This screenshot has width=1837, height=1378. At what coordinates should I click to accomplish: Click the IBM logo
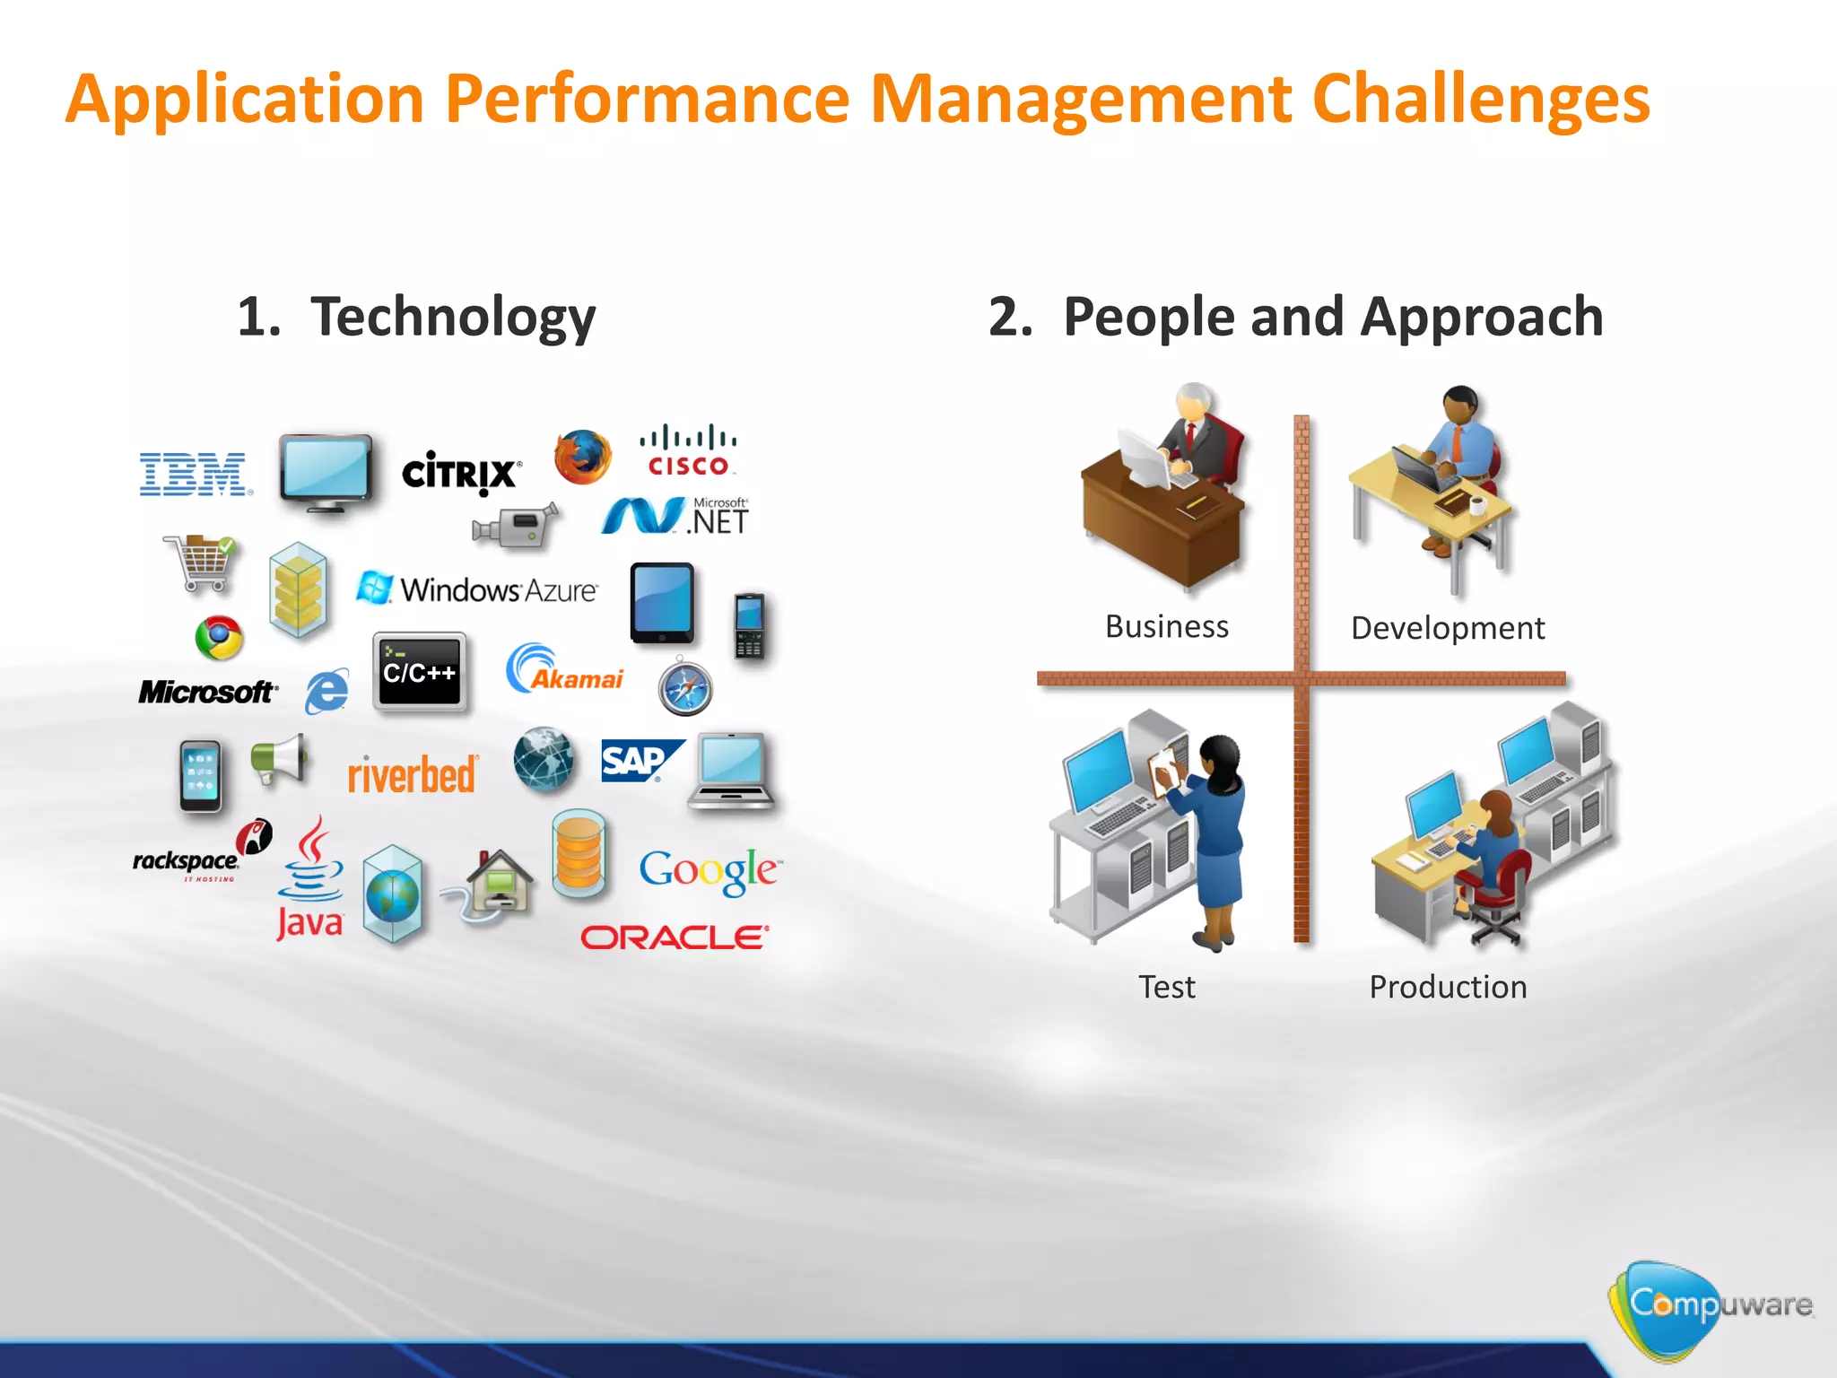point(194,474)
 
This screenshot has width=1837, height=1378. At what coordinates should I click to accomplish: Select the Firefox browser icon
point(582,456)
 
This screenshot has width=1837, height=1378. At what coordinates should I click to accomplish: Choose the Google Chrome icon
point(219,638)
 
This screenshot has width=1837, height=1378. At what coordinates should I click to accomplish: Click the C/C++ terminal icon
point(419,672)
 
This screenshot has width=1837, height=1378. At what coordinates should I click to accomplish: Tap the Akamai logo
point(564,671)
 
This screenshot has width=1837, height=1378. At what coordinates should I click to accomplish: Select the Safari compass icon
point(685,688)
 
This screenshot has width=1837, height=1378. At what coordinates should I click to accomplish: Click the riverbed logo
point(412,775)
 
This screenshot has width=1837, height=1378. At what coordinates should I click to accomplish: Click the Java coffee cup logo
point(310,878)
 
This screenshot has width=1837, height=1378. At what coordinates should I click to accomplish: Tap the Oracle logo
point(675,938)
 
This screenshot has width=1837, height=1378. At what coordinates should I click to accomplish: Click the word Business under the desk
point(1166,626)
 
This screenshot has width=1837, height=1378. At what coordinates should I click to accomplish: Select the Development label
point(1447,628)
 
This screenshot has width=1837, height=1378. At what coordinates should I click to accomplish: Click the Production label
point(1447,987)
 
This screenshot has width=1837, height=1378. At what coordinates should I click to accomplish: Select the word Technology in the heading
point(453,317)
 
